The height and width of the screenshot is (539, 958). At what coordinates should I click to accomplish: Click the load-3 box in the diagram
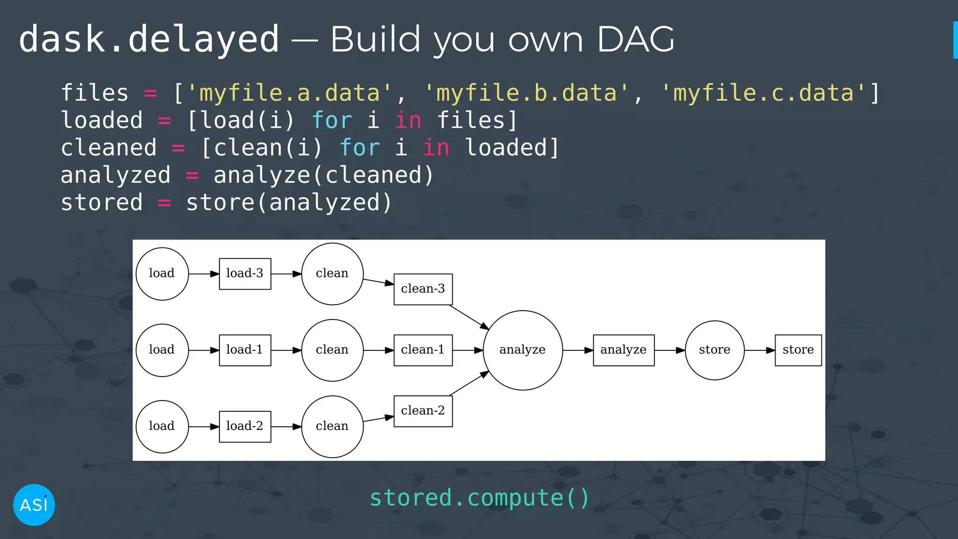tap(245, 274)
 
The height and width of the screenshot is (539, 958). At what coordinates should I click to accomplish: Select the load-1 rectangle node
tap(245, 350)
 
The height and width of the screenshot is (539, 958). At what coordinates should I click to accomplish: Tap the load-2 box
tap(245, 426)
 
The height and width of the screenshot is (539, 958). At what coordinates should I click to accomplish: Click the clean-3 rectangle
tap(423, 289)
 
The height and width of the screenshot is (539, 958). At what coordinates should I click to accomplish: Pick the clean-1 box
tap(423, 350)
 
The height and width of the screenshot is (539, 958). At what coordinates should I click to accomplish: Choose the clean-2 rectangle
tap(423, 411)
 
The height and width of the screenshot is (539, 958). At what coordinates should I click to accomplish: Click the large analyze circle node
tap(523, 350)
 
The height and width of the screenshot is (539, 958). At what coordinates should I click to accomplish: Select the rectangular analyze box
tap(624, 350)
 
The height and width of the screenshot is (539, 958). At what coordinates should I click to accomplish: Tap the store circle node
tap(714, 350)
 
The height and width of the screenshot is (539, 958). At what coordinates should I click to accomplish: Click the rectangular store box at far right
tap(798, 350)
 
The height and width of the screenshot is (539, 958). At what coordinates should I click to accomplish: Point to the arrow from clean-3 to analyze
tap(469, 317)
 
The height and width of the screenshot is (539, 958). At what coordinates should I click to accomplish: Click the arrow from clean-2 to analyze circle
tap(469, 383)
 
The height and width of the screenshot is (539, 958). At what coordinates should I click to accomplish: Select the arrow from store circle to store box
tap(760, 350)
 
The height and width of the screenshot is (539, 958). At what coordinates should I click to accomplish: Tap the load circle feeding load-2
tap(162, 426)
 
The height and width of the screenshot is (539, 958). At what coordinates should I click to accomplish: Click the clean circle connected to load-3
tap(332, 274)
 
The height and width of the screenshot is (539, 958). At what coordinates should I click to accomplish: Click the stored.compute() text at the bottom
tap(479, 497)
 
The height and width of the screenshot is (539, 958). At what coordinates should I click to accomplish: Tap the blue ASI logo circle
tap(34, 505)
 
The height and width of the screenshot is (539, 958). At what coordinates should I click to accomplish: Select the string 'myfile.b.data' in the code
tap(527, 93)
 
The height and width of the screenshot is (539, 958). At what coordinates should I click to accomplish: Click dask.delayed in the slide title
tap(149, 39)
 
